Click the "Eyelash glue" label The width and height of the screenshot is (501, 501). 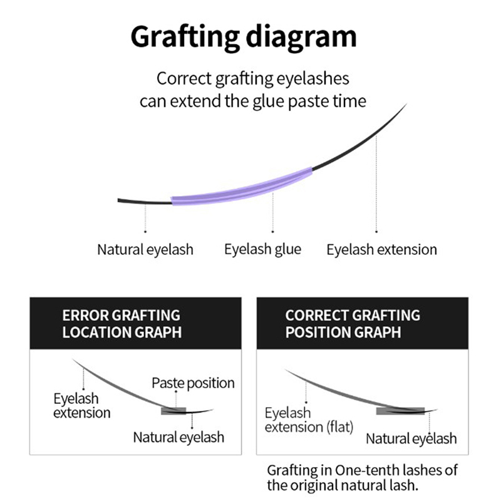262,249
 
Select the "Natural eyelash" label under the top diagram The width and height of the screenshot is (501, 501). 145,249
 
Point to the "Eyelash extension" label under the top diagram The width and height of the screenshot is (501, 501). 381,249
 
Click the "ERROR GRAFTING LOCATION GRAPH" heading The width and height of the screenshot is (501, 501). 121,323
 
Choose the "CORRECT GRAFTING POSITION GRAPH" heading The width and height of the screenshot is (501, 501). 352,323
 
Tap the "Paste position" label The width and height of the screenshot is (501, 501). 193,383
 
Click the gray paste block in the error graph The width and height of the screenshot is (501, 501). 173,411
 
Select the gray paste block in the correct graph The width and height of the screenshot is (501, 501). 400,411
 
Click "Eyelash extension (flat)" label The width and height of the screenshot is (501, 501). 309,420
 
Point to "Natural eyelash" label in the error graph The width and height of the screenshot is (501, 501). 178,437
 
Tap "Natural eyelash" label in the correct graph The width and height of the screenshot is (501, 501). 411,438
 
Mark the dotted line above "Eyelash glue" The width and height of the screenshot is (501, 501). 273,213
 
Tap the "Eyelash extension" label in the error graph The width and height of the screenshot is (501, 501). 81,405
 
